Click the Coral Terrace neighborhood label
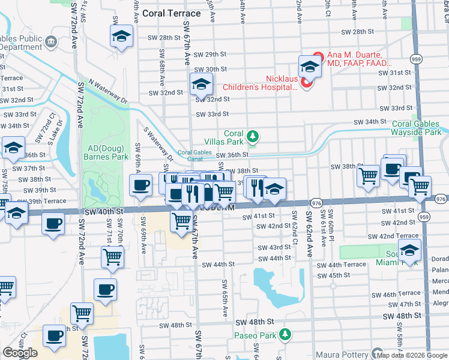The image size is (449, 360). coord(168,13)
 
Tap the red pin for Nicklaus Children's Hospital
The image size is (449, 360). coord(306,82)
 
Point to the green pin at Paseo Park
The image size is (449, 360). coord(287,333)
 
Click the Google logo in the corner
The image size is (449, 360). coord(20,353)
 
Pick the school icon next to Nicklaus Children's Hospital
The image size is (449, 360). coord(310,66)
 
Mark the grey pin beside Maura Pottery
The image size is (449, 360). coord(377,353)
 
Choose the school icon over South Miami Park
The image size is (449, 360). coord(410,250)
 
